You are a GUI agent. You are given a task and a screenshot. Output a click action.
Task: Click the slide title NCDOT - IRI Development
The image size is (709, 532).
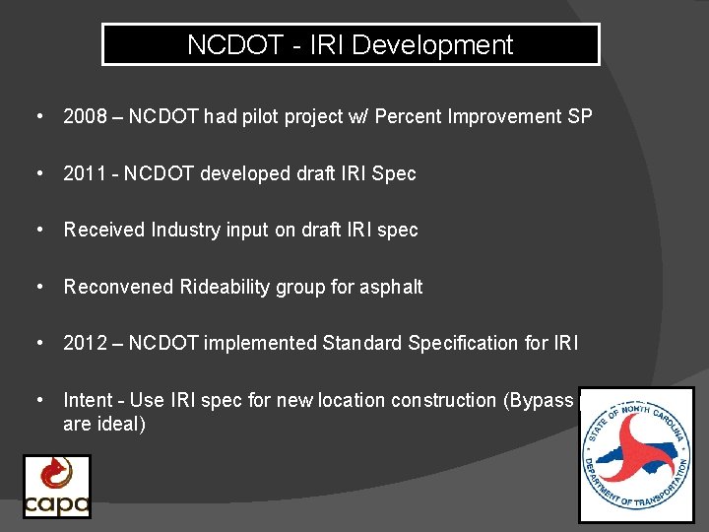tap(351, 45)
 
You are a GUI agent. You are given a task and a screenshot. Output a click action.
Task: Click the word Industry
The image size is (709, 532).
tap(185, 230)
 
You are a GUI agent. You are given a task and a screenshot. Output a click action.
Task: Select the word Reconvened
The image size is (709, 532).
tap(118, 287)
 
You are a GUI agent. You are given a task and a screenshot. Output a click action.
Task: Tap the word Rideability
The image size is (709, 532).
tap(226, 287)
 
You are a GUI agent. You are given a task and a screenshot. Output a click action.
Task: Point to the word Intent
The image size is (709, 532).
tap(87, 400)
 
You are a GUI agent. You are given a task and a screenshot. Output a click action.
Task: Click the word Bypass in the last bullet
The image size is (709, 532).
tap(541, 400)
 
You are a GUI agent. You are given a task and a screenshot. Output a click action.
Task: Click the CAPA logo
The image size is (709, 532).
tap(57, 486)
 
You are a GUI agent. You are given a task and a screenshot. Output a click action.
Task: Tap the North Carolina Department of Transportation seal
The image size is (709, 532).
tap(636, 454)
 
